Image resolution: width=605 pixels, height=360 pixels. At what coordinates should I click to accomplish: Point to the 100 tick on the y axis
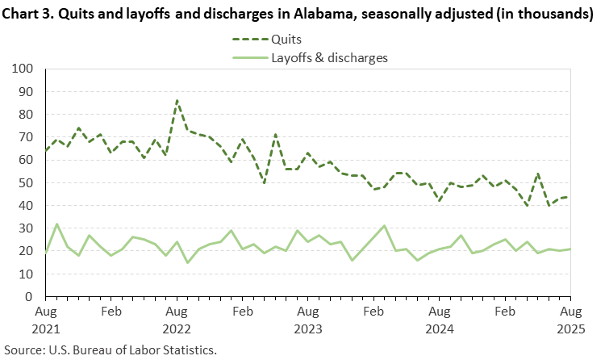(x=25, y=69)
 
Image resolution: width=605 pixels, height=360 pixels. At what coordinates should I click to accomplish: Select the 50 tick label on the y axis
(x=28, y=183)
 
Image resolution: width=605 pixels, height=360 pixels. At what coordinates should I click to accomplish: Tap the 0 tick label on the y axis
(x=31, y=297)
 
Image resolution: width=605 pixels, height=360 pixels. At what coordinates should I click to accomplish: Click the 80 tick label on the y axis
(x=28, y=115)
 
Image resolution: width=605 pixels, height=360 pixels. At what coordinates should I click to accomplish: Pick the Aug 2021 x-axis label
(x=46, y=319)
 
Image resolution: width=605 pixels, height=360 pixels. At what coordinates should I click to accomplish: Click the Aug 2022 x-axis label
(x=177, y=319)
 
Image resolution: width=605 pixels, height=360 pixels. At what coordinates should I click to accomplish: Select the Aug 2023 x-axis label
(x=307, y=319)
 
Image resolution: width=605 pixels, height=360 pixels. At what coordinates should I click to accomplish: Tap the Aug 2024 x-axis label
(x=439, y=319)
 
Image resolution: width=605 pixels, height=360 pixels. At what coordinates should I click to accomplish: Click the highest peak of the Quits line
(x=177, y=101)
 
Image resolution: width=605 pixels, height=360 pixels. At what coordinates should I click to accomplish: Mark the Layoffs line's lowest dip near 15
(x=188, y=262)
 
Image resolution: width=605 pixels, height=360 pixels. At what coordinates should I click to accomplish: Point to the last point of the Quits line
(x=570, y=197)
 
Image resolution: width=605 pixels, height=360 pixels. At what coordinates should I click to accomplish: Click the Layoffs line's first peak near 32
(x=56, y=224)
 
